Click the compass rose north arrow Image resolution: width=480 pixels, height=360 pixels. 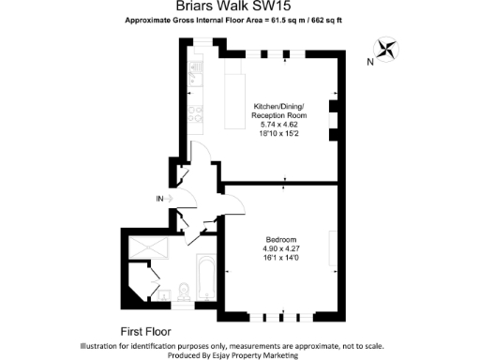point(386,49)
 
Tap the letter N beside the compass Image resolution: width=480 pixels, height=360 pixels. point(370,63)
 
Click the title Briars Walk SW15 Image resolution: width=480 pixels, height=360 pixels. point(239,7)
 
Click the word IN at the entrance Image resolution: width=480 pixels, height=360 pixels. point(159,199)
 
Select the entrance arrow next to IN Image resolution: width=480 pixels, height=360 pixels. point(171,199)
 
